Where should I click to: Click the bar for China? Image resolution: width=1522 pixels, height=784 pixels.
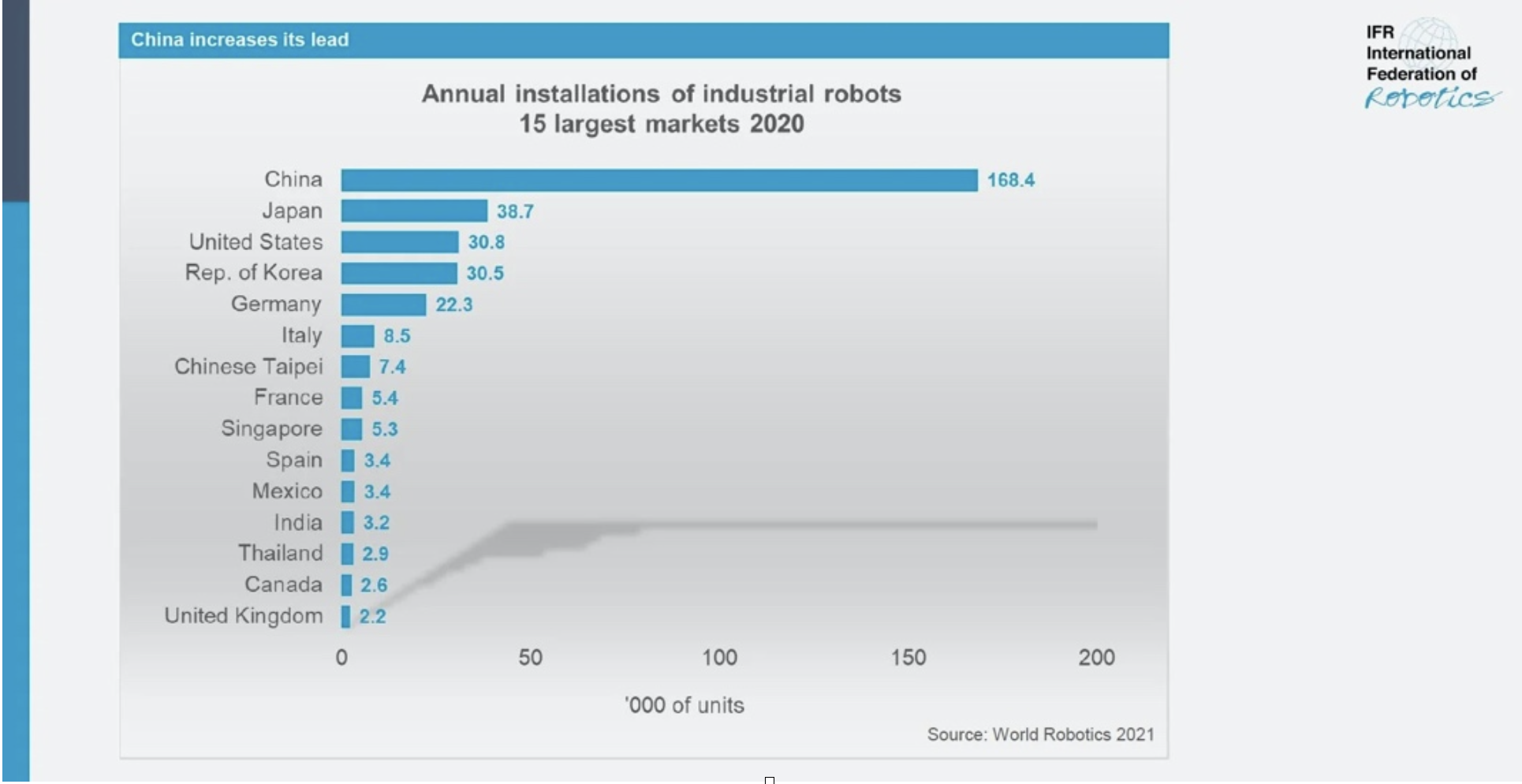[658, 181]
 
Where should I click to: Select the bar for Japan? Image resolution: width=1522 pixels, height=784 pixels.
[414, 211]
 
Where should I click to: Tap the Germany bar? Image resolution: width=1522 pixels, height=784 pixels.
[383, 304]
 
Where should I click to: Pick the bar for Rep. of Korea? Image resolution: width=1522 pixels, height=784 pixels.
[399, 274]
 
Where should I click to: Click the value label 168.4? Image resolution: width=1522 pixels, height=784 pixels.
[1010, 181]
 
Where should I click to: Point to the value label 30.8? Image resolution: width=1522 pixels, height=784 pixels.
[486, 243]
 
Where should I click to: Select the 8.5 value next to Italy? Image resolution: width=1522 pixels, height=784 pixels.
[397, 336]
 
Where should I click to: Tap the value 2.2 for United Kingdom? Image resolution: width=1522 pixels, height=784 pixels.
[372, 617]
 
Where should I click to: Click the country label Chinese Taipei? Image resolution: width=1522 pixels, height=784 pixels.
[248, 367]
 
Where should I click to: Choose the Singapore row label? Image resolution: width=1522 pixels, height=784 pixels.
[271, 429]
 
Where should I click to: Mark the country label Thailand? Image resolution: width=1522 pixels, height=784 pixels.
[280, 554]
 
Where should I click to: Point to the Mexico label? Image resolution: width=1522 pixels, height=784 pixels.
[287, 491]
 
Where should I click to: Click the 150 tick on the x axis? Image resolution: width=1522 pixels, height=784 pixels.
[908, 658]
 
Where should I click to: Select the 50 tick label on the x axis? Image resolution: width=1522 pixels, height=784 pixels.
[530, 658]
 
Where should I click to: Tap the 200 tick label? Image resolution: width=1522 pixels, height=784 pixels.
[1096, 658]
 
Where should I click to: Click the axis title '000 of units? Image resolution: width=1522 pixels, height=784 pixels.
[684, 705]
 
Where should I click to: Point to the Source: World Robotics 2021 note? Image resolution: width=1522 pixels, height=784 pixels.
[1040, 735]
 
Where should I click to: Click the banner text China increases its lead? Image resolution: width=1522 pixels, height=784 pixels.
[240, 40]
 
